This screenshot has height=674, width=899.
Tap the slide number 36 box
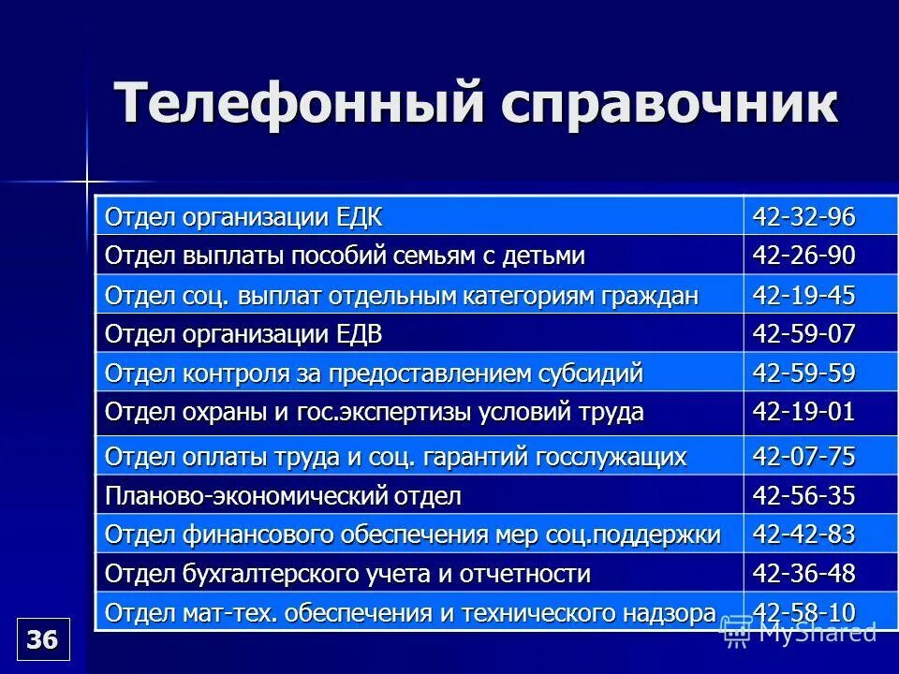[x=43, y=639]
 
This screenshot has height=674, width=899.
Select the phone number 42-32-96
[x=803, y=217]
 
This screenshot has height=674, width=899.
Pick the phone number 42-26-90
[x=803, y=256]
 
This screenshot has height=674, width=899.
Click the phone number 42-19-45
[x=803, y=296]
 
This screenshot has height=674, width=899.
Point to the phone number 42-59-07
[x=803, y=334]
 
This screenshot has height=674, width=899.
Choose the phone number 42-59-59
[x=803, y=374]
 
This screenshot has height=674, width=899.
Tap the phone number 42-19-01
[x=803, y=413]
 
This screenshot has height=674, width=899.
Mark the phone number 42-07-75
[x=803, y=457]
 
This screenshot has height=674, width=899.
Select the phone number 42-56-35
[x=803, y=495]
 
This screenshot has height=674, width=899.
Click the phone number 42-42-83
[x=803, y=535]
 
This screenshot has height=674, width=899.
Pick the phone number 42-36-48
[x=803, y=573]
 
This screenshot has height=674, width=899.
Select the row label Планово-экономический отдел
[x=283, y=496]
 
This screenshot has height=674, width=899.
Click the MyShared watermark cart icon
[x=737, y=634]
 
